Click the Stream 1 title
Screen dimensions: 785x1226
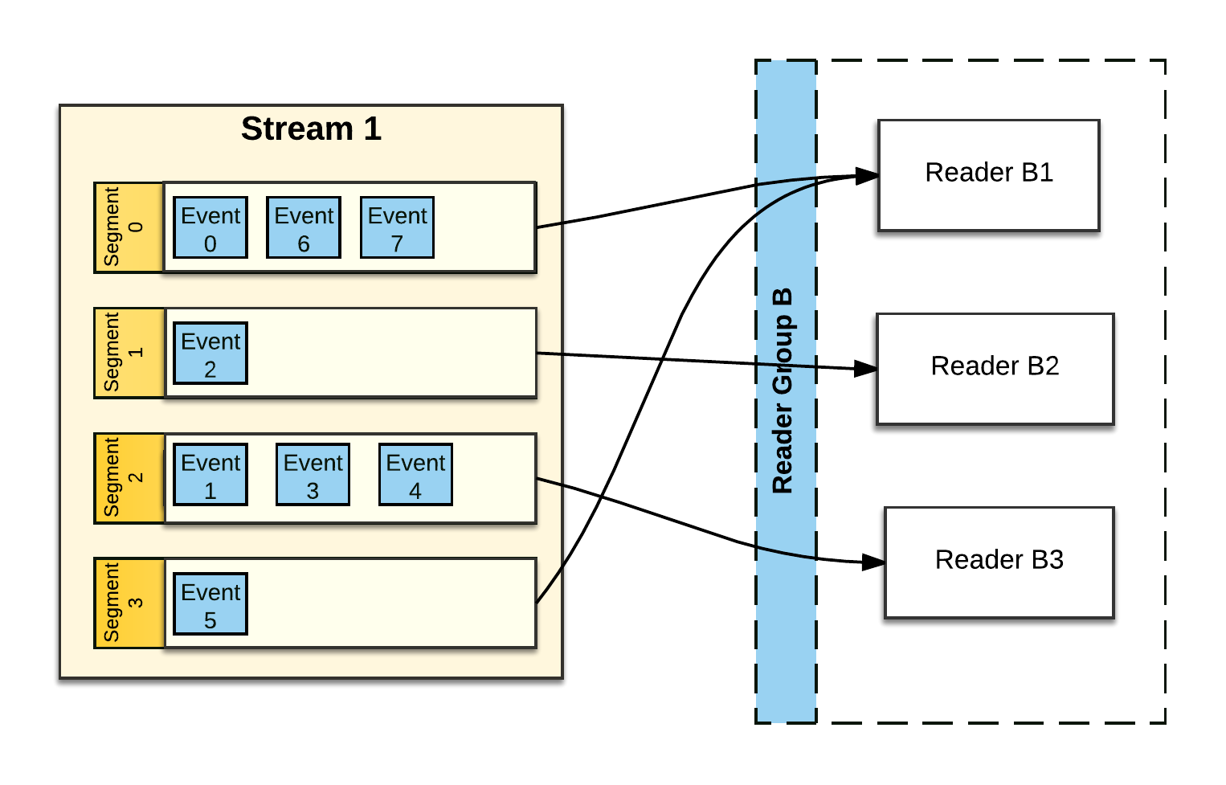(x=311, y=129)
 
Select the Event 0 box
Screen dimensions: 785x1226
(x=210, y=228)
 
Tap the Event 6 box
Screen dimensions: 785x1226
(x=304, y=228)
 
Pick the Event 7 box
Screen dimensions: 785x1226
(x=398, y=228)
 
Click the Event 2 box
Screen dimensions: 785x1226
(x=210, y=354)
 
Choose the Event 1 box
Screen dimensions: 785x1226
(x=210, y=475)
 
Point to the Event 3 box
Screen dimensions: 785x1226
(x=313, y=475)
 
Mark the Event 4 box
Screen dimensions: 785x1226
(x=415, y=475)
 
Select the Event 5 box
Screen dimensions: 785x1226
(x=210, y=604)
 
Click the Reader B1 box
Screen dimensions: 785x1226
(x=989, y=176)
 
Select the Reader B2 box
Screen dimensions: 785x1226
(x=995, y=369)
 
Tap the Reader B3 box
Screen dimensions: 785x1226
(x=999, y=562)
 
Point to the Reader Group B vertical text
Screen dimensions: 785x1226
(x=783, y=390)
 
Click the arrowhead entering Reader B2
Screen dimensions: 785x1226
(x=866, y=369)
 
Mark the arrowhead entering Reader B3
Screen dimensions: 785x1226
(x=873, y=562)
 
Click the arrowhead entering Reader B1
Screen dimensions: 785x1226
(x=868, y=176)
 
